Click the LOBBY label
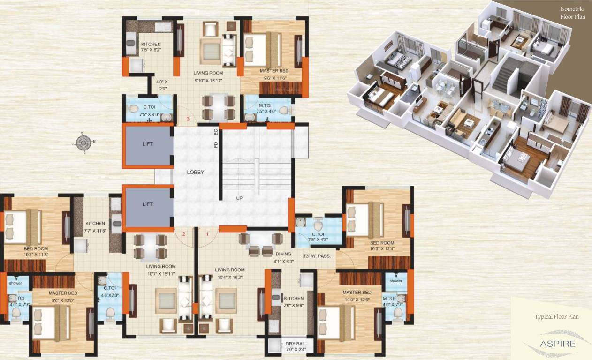pyautogui.click(x=196, y=172)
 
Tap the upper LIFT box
pyautogui.click(x=148, y=144)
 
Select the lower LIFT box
pyautogui.click(x=148, y=205)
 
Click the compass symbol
pyautogui.click(x=83, y=142)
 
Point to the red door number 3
pyautogui.click(x=188, y=119)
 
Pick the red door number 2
pyautogui.click(x=184, y=234)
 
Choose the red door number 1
pyautogui.click(x=207, y=234)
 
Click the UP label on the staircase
pyautogui.click(x=239, y=198)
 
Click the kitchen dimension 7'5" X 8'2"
pyautogui.click(x=151, y=50)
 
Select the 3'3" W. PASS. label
pyautogui.click(x=317, y=256)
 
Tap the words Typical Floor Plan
pyautogui.click(x=556, y=317)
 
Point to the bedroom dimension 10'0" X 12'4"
pyautogui.click(x=381, y=248)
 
